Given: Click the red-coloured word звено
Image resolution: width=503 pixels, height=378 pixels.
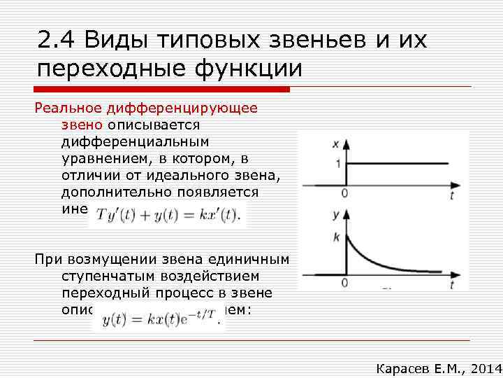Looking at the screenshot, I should tap(82, 125).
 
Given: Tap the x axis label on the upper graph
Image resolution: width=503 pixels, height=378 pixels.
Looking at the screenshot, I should tap(336, 145).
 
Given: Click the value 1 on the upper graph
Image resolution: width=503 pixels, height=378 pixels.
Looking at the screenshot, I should tap(337, 164).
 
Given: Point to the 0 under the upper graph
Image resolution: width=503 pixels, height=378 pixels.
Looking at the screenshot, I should tap(344, 193).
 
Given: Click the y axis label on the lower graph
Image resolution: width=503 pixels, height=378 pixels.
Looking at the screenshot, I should tap(336, 214).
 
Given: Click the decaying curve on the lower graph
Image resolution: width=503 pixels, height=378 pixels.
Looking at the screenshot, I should tap(377, 259).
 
